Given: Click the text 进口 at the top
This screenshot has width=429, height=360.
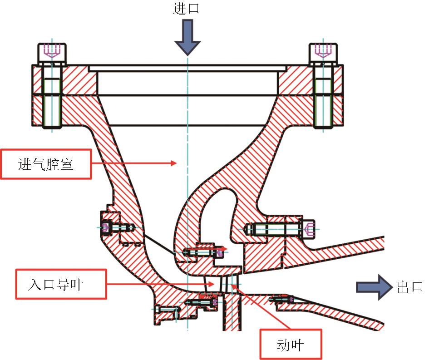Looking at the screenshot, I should tap(186, 9).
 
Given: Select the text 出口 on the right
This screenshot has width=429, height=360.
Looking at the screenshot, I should tap(409, 287).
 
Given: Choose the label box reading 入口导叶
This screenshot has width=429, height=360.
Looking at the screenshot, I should tap(61, 284).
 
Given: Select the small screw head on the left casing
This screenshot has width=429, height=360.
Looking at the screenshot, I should tap(106, 227).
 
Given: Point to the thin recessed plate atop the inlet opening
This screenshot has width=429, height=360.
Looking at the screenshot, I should tap(187, 68).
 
